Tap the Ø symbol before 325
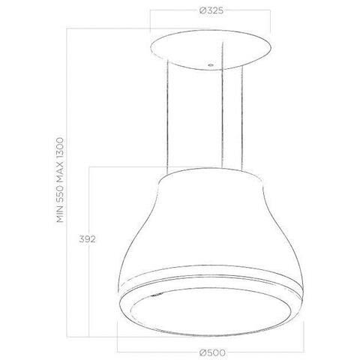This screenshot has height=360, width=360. tap(203, 11)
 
